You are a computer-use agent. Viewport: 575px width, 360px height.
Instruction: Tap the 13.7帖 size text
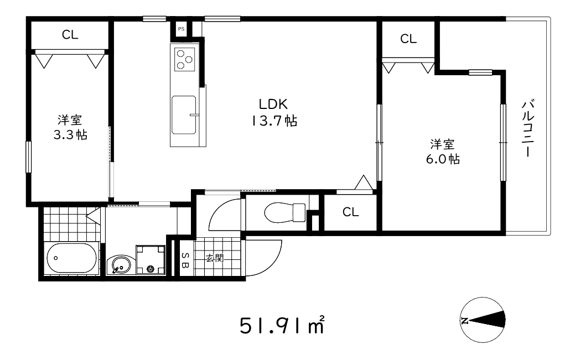coord(274,121)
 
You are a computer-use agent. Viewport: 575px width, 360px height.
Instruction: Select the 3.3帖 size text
coord(70,135)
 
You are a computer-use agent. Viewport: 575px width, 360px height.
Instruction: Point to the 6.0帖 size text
coord(443,159)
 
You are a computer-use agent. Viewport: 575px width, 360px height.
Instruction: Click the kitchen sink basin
coord(184,114)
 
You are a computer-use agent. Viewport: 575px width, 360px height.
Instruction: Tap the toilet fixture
coord(284,211)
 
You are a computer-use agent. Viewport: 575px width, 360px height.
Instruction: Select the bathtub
coord(71,259)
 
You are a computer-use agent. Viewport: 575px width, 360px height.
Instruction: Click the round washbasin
coord(119,266)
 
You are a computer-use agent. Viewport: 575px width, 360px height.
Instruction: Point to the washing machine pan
coord(151,260)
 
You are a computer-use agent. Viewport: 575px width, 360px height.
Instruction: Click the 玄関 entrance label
coord(215,257)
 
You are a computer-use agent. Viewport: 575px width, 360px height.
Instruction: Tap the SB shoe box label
coord(185,260)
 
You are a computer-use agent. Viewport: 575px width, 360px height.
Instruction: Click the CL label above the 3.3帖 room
coord(70,35)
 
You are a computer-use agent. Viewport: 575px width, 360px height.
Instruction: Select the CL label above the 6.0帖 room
coord(408,39)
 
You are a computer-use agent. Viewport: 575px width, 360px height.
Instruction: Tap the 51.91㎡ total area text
coord(282,326)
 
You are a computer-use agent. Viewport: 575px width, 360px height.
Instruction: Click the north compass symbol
coord(483,320)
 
